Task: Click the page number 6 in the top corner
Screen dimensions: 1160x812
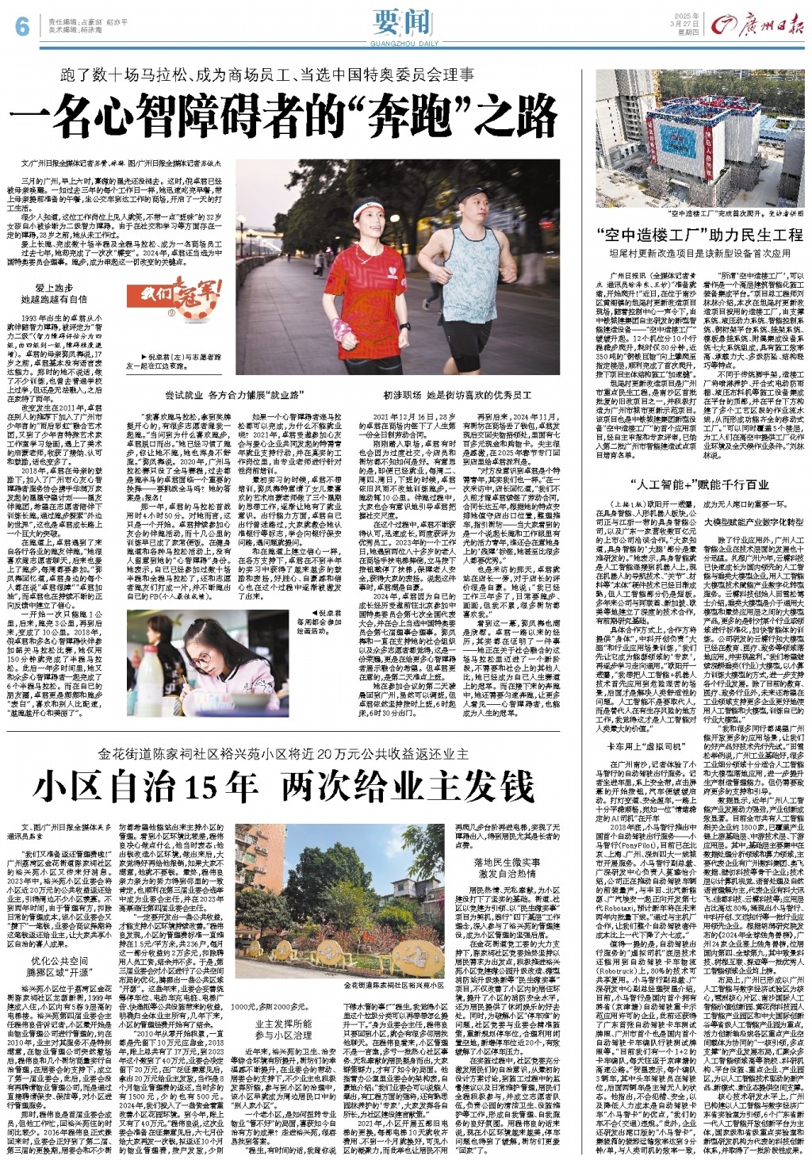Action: coord(21,27)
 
